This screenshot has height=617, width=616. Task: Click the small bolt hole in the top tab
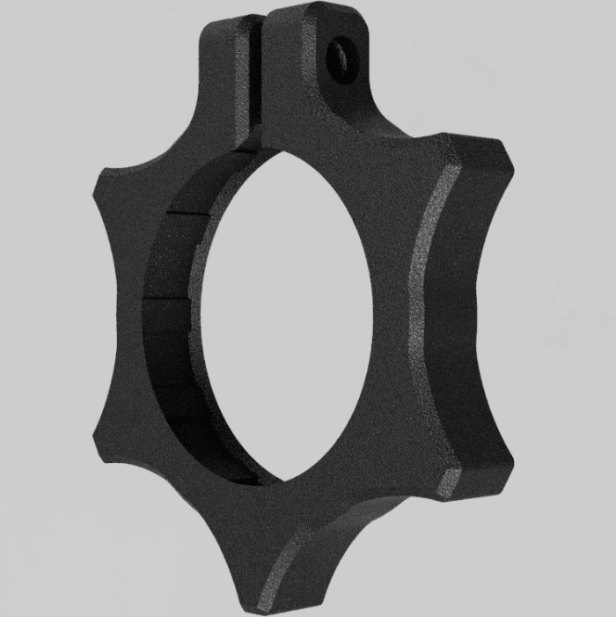coord(338,58)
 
